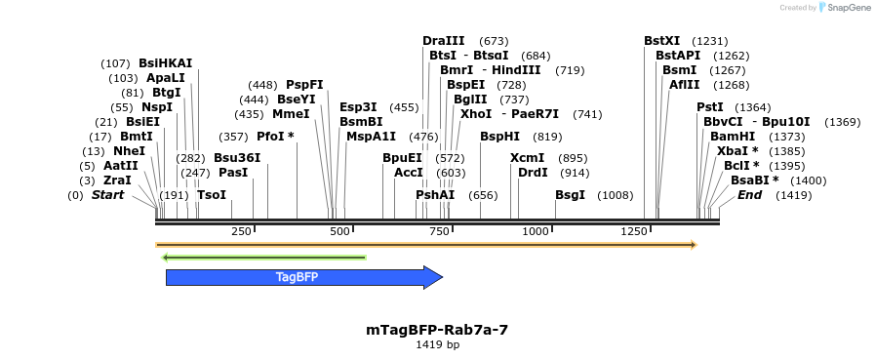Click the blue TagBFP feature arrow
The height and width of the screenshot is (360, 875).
tap(302, 277)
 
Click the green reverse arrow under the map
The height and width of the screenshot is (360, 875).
tap(263, 258)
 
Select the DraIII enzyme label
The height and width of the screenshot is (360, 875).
tap(444, 41)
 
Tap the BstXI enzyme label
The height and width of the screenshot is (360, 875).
tap(662, 41)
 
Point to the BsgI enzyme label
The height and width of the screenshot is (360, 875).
tap(570, 195)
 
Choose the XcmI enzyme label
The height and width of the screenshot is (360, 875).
tap(527, 158)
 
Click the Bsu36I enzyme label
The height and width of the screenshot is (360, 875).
tap(237, 158)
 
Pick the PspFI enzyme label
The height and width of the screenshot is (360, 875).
tap(304, 85)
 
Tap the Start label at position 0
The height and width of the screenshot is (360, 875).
tap(108, 195)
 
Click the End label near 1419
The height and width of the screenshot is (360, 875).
tap(749, 195)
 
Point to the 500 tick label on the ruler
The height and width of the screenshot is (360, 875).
tap(339, 231)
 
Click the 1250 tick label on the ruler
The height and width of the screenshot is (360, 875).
tap(634, 231)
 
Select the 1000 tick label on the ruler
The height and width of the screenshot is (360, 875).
tap(536, 231)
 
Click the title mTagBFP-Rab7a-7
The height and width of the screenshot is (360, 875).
tap(437, 330)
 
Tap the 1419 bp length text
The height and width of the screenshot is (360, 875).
tap(437, 344)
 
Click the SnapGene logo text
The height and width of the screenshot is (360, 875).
tap(844, 7)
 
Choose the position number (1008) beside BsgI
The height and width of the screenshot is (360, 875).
tap(616, 195)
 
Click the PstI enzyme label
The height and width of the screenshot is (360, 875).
tap(710, 107)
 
